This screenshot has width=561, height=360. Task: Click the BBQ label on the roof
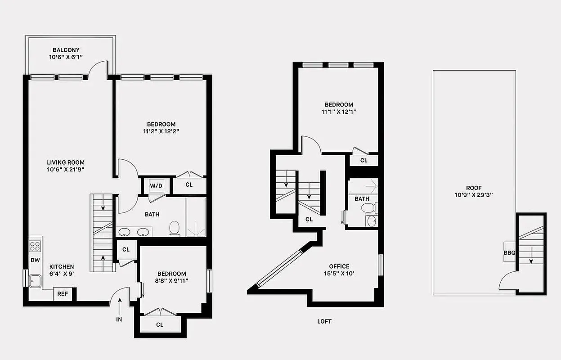coord(509,252)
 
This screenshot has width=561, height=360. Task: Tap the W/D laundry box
coord(156,185)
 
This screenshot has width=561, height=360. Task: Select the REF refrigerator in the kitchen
coord(63,294)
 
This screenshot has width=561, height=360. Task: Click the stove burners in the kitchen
coord(35,246)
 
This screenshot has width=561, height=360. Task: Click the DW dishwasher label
coord(35,260)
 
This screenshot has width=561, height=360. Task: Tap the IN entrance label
coord(119,319)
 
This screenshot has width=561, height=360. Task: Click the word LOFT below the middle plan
coord(324,321)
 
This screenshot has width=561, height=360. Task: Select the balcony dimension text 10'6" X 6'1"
coord(66,57)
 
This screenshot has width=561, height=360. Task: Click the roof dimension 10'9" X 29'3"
coord(474,195)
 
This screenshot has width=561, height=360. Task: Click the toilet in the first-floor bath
coord(175,229)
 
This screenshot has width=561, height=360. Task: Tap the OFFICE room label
coord(339,266)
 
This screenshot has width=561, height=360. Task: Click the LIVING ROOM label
coord(66,162)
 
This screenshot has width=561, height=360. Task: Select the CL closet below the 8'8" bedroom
coord(160,324)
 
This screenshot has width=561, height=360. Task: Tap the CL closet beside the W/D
coord(189,184)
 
